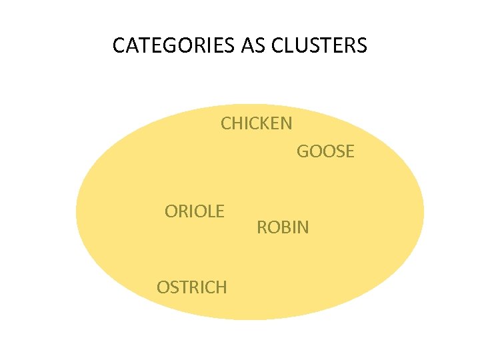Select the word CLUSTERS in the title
[319, 45]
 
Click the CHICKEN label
[256, 123]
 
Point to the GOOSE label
[325, 152]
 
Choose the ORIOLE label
[195, 212]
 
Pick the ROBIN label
[283, 228]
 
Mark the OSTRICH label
[192, 287]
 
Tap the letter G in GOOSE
[303, 152]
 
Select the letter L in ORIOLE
[210, 212]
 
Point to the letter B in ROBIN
[285, 228]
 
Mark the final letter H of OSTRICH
[221, 287]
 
